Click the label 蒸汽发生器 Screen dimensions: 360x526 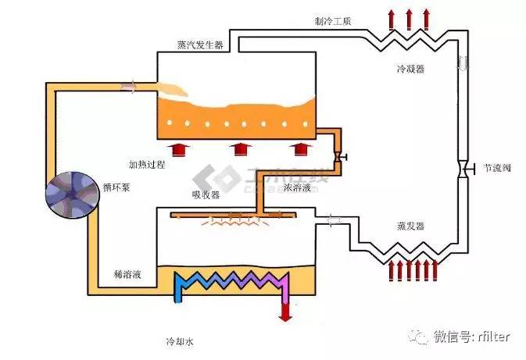[x=201, y=45]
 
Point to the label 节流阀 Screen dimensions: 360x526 [x=498, y=168]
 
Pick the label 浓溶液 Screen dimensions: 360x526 [x=298, y=187]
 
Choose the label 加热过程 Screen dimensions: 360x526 [x=148, y=165]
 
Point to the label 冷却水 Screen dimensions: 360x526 [x=179, y=342]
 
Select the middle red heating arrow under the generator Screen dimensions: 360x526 [x=238, y=149]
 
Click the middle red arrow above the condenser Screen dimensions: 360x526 [x=408, y=17]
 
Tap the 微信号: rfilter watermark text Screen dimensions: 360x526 [x=471, y=337]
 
